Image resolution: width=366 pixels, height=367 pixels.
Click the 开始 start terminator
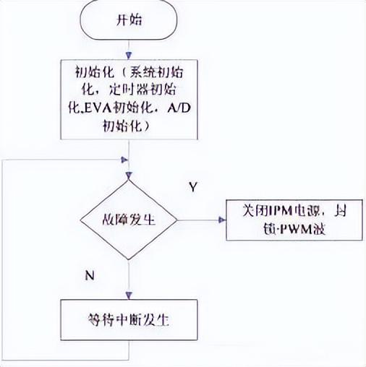tap(129, 20)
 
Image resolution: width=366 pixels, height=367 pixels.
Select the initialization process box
tap(129, 100)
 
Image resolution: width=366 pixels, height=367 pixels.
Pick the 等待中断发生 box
tap(129, 318)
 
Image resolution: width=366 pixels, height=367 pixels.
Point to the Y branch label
tap(193, 187)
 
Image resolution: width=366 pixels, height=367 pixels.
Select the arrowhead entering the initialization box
tap(129, 56)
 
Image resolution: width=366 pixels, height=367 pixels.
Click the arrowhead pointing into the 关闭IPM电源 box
tap(223, 219)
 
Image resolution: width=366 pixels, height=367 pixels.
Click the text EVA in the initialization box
tap(93, 108)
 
